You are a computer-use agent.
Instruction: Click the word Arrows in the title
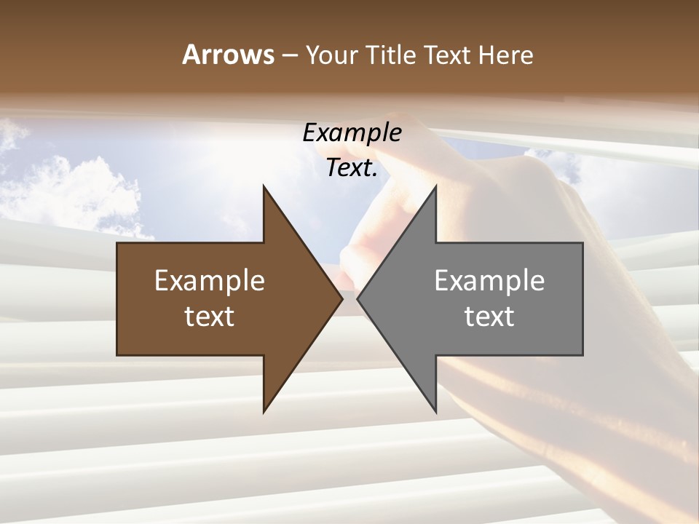click(x=228, y=55)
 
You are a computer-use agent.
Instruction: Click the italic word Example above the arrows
click(x=352, y=133)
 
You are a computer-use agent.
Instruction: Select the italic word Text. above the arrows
click(x=352, y=168)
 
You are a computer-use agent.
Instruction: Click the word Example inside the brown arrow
click(x=210, y=280)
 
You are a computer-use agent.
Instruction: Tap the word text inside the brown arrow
click(x=210, y=316)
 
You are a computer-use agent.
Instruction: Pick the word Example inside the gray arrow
click(x=489, y=280)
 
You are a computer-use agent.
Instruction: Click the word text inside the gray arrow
click(x=489, y=316)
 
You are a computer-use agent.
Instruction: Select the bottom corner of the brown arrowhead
click(x=264, y=410)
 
